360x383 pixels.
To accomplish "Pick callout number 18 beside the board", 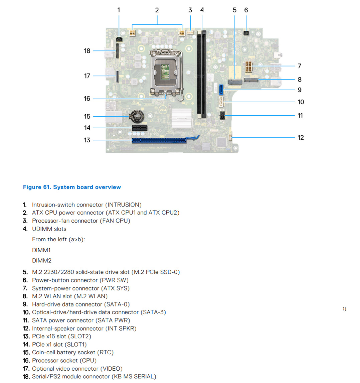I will point(87,51).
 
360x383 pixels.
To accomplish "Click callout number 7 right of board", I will point(300,66).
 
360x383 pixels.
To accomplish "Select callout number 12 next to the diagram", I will point(301,137).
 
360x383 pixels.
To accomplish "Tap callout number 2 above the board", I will point(157,10).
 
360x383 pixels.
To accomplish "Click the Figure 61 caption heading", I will point(72,187).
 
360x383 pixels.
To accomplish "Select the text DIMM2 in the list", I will point(42,260).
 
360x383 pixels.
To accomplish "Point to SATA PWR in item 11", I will point(116,320).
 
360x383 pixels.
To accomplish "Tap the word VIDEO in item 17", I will point(111,369).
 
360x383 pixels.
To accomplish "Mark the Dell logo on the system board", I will point(162,109).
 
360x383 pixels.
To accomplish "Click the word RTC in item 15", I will point(105,352).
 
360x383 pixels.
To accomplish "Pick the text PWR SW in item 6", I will point(114,280).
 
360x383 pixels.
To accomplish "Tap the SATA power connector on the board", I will point(221,116).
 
